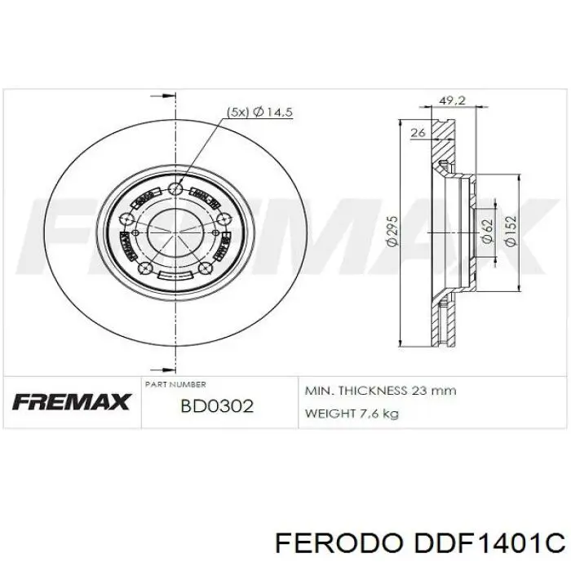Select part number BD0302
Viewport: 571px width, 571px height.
pyautogui.click(x=217, y=405)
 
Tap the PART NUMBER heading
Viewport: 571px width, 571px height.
pyautogui.click(x=175, y=383)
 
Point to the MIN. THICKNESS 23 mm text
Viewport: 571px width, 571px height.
pyautogui.click(x=379, y=391)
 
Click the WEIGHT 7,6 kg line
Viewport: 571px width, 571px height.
pyautogui.click(x=351, y=414)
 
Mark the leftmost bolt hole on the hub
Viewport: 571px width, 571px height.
pyautogui.click(x=123, y=218)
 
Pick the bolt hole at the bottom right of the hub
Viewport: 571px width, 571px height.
pyautogui.click(x=205, y=268)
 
